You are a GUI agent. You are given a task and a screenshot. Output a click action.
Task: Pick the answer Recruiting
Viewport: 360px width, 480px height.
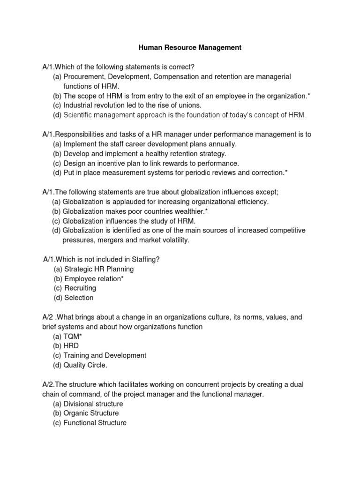80,288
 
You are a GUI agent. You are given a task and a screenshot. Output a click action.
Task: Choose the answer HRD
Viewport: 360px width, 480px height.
72,346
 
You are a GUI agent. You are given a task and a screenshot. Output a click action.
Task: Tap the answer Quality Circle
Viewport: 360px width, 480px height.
85,365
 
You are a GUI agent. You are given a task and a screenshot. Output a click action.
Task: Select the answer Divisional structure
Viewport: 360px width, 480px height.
93,404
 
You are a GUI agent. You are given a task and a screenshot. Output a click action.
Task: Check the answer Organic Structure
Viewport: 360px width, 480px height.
91,413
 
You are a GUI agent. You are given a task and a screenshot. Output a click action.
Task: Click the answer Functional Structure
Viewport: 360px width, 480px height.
95,423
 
